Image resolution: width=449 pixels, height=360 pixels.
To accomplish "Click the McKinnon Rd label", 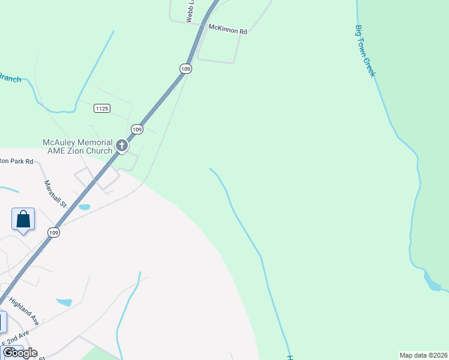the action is pos(228,29).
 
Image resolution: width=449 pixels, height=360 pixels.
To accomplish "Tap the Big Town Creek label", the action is pos(365,50).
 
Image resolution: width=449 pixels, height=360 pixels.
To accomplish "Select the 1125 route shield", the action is pos(101,108).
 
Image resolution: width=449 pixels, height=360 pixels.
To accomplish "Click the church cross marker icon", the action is pos(121,145).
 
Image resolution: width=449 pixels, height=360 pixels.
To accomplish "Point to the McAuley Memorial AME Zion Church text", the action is pos(77,146).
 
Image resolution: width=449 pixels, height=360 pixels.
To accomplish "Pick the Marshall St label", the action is pos(55,193).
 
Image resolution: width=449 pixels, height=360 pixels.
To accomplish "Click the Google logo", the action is pos(19,353).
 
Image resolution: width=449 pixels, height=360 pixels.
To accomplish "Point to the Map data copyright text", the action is pos(424,355).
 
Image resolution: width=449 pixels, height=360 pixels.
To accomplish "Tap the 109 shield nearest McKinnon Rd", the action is pos(185,69).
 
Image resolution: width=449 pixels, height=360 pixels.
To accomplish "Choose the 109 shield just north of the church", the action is pos(137,129).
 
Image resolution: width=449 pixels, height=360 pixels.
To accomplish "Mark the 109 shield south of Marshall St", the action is pos(54,233).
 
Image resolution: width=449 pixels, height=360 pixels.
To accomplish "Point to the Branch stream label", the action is pos(10,78).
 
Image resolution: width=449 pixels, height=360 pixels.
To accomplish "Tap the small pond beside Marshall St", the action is pos(85,207).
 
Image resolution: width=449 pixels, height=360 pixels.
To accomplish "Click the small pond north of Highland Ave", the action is pos(64,302).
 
